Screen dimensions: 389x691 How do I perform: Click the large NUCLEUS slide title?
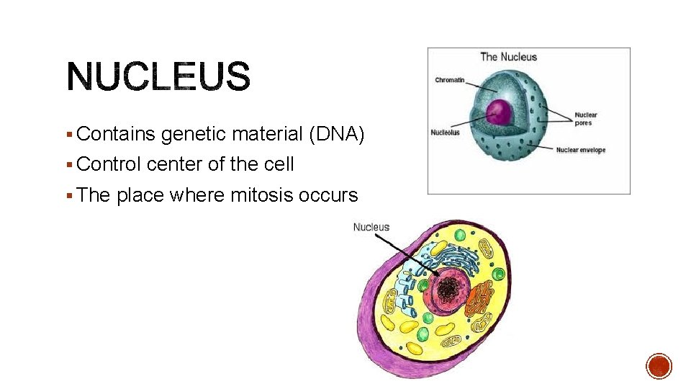tap(158, 77)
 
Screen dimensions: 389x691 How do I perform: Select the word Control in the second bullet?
tap(109, 164)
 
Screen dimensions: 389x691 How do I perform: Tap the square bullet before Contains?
tap(69, 134)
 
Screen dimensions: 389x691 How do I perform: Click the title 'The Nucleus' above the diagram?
tap(508, 57)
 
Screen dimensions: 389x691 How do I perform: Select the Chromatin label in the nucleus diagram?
tap(449, 80)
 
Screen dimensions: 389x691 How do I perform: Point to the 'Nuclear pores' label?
tap(586, 119)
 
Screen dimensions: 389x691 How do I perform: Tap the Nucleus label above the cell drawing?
tap(371, 227)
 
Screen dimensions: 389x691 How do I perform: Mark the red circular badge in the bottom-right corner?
tap(659, 366)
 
